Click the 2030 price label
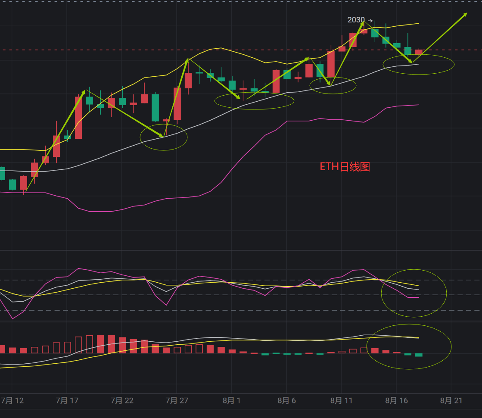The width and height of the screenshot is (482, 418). tap(356, 20)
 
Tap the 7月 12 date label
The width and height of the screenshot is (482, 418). tap(12, 401)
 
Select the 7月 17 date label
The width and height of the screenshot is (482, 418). tap(67, 401)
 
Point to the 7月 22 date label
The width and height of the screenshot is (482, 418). tap(122, 401)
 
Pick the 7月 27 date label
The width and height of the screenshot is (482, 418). tap(177, 401)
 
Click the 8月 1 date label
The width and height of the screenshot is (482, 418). tap(232, 401)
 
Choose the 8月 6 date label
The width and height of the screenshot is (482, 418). tap(286, 401)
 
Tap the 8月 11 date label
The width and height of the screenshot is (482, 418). tap(341, 401)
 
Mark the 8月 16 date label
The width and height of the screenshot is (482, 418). tap(396, 401)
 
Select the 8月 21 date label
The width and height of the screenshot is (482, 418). tap(451, 401)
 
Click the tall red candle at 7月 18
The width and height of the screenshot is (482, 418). tap(78, 117)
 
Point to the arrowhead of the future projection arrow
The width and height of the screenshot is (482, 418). tap(465, 14)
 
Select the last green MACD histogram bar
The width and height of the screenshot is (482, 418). tap(419, 355)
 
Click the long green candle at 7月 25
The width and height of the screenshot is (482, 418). tap(155, 108)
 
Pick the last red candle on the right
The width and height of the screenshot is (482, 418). tap(419, 52)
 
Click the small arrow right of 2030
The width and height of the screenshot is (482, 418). tap(370, 20)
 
